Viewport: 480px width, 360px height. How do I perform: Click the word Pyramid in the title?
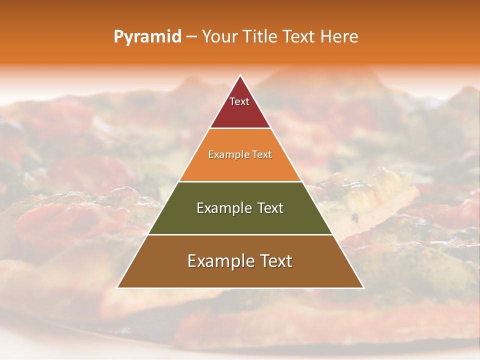pyautogui.click(x=147, y=36)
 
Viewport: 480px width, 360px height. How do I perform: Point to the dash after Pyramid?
pyautogui.click(x=191, y=37)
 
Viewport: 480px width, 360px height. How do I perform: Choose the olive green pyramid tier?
pyautogui.click(x=240, y=220)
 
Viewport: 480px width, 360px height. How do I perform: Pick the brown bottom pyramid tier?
pyautogui.click(x=240, y=275)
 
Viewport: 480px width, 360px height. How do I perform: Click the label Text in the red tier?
pyautogui.click(x=239, y=101)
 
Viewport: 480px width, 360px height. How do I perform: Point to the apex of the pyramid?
pyautogui.click(x=240, y=75)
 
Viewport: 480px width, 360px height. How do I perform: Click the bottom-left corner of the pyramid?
pyautogui.click(x=117, y=287)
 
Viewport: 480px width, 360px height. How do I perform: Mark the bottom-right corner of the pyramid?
pyautogui.click(x=363, y=287)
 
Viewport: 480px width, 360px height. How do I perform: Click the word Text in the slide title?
pyautogui.click(x=299, y=36)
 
